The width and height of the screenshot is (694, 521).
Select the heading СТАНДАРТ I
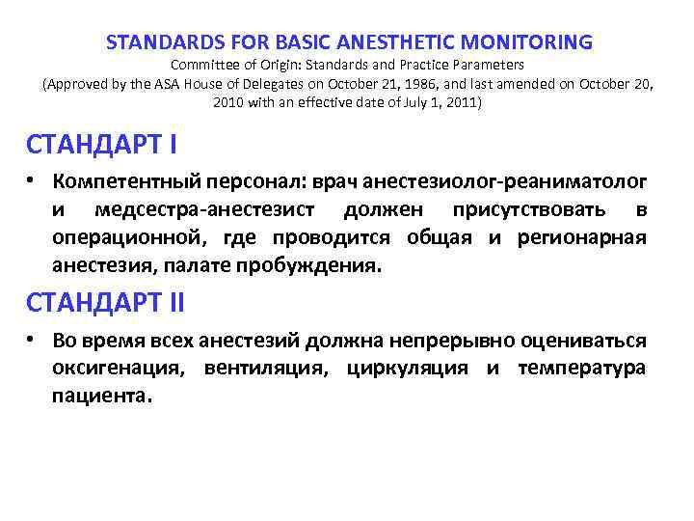(101, 146)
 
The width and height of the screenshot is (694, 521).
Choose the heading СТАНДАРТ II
(105, 302)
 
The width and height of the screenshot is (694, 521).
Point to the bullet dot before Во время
(32, 341)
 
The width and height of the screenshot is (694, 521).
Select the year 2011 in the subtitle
(457, 101)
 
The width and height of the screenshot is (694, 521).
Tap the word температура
(581, 369)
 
